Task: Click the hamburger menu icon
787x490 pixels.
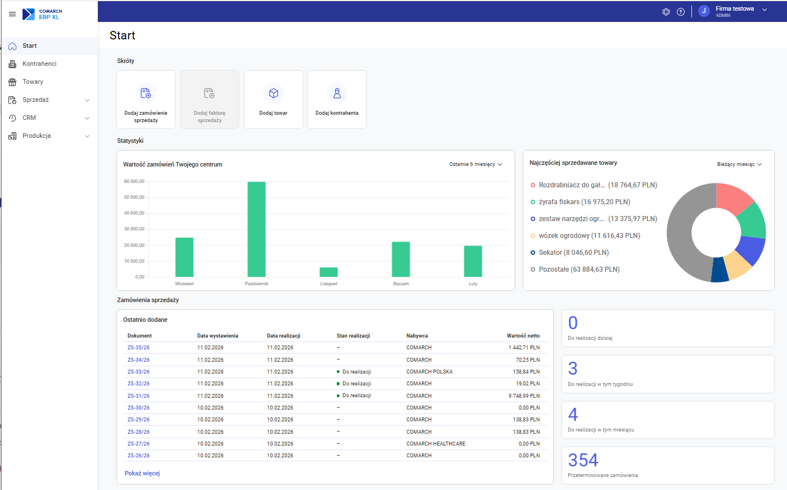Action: [x=12, y=14]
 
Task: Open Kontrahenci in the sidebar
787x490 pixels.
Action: [x=39, y=64]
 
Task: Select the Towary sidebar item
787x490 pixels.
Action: [x=33, y=82]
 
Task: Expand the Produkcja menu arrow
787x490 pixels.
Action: [x=87, y=136]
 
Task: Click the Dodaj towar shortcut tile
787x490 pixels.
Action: [x=273, y=100]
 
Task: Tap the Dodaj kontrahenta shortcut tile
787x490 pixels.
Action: [x=337, y=100]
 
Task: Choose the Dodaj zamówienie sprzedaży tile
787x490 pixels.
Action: [x=146, y=100]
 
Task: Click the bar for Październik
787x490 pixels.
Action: [x=256, y=229]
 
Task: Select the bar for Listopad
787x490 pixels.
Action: [x=329, y=272]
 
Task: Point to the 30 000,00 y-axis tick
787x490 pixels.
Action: [x=134, y=229]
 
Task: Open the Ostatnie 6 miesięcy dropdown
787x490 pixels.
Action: [x=476, y=164]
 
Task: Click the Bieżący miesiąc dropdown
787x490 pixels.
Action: [x=739, y=164]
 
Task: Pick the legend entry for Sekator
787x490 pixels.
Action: [x=573, y=253]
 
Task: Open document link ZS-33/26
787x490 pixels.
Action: [x=138, y=372]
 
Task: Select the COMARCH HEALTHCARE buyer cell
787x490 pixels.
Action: [x=436, y=444]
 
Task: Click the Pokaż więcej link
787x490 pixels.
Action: [x=142, y=474]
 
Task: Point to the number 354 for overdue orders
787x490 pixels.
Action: [x=583, y=460]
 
